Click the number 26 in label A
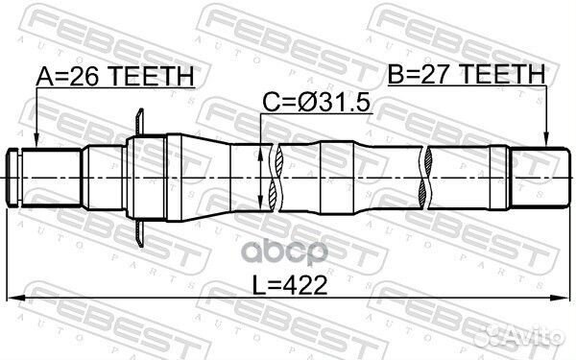[84, 76]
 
